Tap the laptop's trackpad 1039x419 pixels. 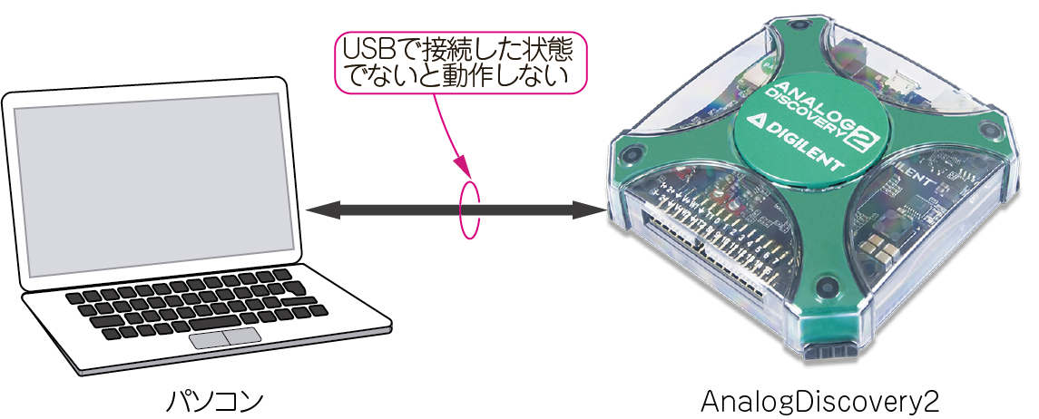pos(225,338)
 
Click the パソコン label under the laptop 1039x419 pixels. pos(215,401)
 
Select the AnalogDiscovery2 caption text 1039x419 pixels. pos(818,401)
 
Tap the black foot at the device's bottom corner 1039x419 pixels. pos(830,352)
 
